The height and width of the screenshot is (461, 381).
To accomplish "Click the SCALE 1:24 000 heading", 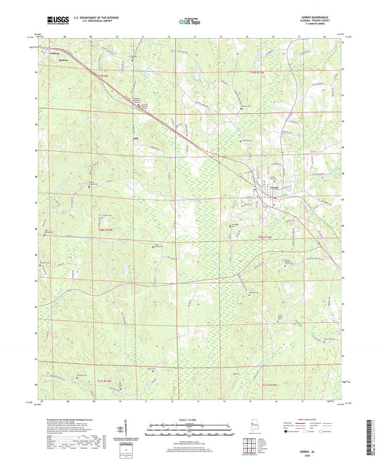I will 189,419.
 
